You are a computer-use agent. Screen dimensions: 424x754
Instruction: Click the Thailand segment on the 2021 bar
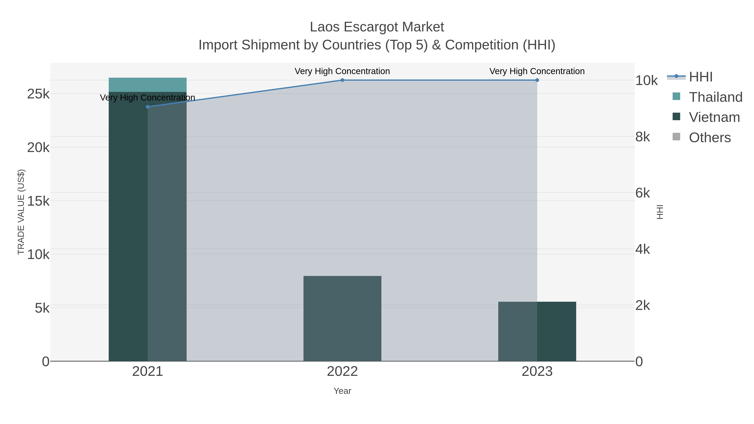tap(147, 85)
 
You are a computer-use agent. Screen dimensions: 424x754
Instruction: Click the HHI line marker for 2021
tap(147, 107)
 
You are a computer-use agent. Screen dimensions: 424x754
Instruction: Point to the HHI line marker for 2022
tap(342, 80)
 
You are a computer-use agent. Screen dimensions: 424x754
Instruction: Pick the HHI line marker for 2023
tap(537, 80)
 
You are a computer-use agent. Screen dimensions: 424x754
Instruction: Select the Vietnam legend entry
tap(714, 117)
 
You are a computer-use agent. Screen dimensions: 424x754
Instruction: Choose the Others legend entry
tap(710, 138)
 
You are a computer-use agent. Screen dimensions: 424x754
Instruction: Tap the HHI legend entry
tap(700, 77)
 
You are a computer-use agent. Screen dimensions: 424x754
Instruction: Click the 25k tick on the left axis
tap(38, 94)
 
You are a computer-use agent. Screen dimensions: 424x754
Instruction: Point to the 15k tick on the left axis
tap(38, 201)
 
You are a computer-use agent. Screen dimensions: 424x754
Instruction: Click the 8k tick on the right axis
tap(643, 137)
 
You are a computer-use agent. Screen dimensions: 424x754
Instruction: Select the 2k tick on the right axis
tap(643, 305)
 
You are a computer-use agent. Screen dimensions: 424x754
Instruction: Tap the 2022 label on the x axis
tap(342, 372)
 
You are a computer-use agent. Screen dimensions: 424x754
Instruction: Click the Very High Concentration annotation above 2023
tap(537, 71)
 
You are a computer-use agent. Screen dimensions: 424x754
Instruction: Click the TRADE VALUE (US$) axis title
tap(21, 212)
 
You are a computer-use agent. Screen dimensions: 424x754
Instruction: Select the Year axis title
tap(342, 391)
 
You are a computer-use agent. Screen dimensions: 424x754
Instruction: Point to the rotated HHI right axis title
tap(660, 212)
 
